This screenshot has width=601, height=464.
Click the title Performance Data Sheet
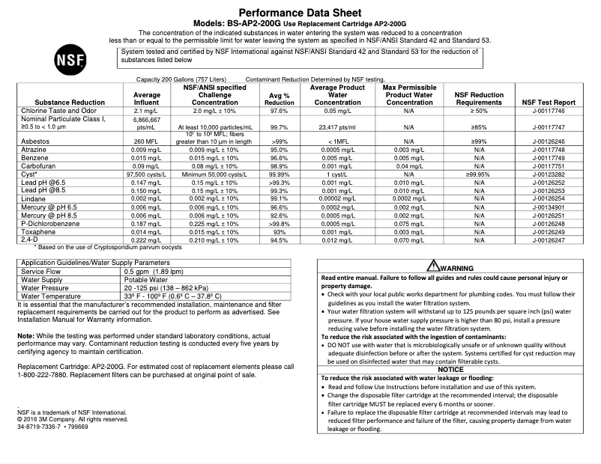(300, 13)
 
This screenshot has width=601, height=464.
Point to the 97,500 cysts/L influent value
(147, 173)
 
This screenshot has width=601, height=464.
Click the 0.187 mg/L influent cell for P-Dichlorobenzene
(147, 223)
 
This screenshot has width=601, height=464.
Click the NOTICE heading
(451, 369)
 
